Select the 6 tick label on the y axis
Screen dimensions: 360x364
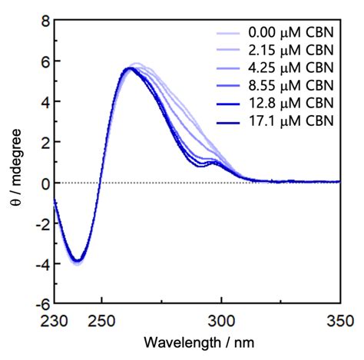(x=43, y=62)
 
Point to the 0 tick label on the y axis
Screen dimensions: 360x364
(x=43, y=183)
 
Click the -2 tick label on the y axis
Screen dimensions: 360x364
(x=40, y=223)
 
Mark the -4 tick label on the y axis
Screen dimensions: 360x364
(x=40, y=263)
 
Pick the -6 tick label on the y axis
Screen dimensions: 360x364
(x=40, y=303)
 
